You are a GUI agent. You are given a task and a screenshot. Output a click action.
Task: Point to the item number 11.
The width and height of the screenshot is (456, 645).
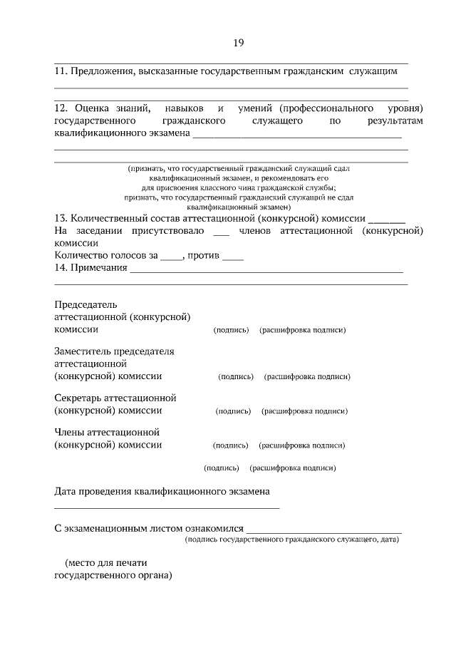tap(61, 71)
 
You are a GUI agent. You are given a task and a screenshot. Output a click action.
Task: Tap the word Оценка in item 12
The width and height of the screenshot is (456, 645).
tap(93, 108)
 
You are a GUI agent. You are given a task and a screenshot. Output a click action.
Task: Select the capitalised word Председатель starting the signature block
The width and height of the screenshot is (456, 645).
tap(85, 304)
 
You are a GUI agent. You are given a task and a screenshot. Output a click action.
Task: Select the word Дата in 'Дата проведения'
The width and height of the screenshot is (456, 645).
tap(66, 491)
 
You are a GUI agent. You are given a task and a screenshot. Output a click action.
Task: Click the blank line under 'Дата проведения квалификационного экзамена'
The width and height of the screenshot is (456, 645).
tap(167, 507)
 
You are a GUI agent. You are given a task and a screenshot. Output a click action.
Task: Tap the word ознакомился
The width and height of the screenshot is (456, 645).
tap(212, 529)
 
